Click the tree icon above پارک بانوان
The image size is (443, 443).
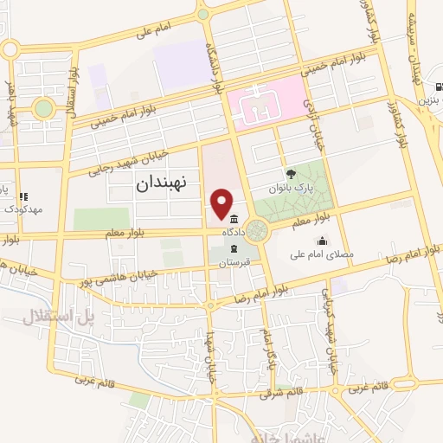click(291, 174)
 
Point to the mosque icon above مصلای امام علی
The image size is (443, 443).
click(322, 241)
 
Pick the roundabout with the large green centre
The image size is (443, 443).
click(42, 109)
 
